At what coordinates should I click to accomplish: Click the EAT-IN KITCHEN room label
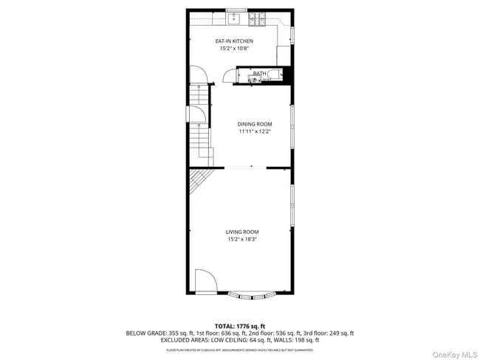[234, 41]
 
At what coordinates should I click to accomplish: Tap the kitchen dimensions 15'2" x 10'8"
[234, 48]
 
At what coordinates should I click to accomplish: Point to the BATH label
[259, 73]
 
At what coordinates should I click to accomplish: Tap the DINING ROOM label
[254, 123]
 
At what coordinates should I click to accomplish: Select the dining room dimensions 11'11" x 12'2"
[254, 131]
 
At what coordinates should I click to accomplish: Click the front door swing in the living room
[205, 281]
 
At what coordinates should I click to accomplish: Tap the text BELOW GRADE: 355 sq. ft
[160, 333]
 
